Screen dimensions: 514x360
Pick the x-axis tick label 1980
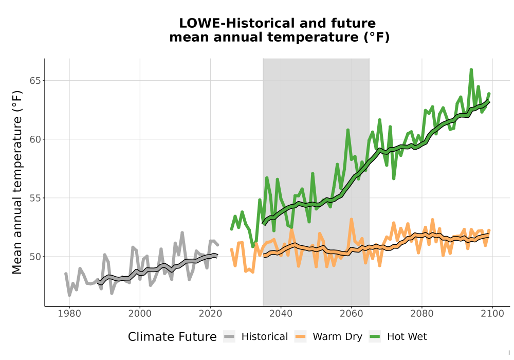pos(69,314)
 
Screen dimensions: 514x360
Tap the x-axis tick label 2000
pos(140,314)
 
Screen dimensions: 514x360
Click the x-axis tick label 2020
pos(210,314)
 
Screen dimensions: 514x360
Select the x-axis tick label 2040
pos(281,314)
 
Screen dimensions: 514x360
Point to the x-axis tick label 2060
pos(352,314)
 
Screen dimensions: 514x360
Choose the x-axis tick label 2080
pos(422,314)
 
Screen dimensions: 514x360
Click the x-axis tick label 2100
pos(492,314)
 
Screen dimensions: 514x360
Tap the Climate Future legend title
pos(172,337)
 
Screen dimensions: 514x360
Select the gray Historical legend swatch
pos(229,336)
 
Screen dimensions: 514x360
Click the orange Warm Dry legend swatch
pos(300,336)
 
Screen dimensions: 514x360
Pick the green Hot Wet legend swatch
pos(375,336)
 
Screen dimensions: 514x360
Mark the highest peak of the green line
pos(471,69)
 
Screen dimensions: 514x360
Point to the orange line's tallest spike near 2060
pos(352,219)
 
